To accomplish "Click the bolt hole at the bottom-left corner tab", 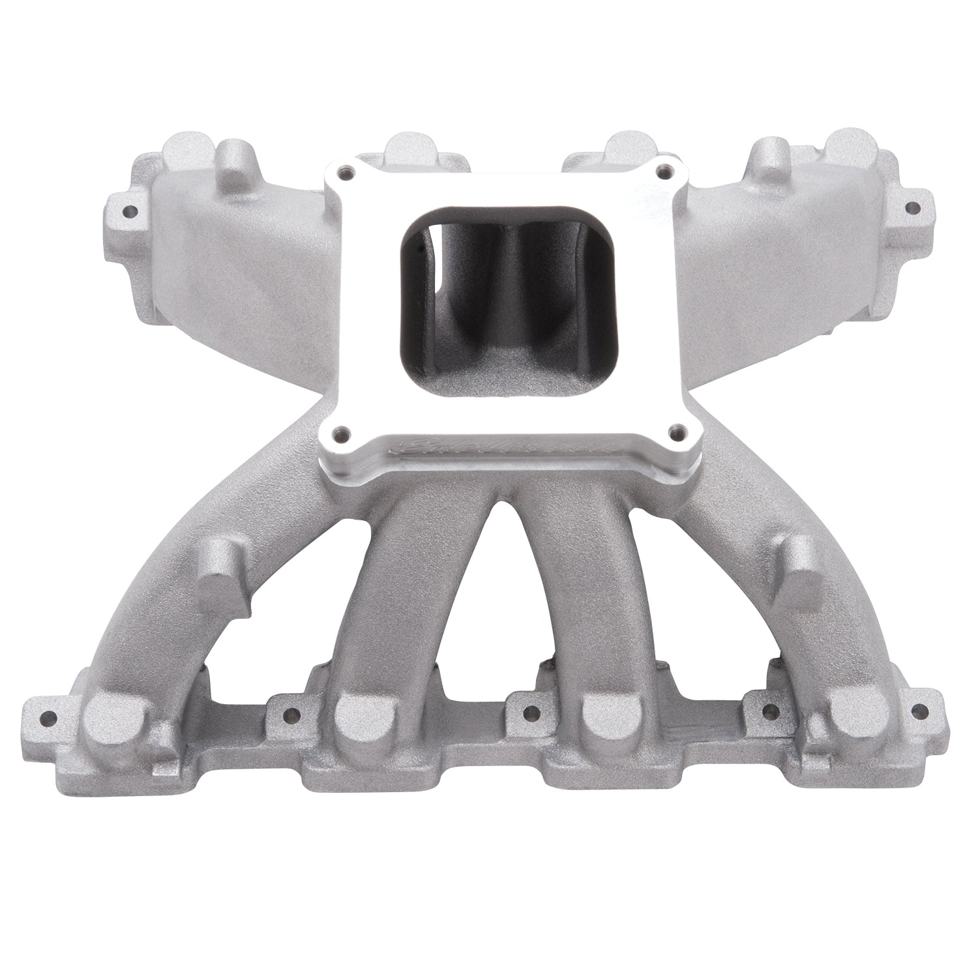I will tap(45, 720).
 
